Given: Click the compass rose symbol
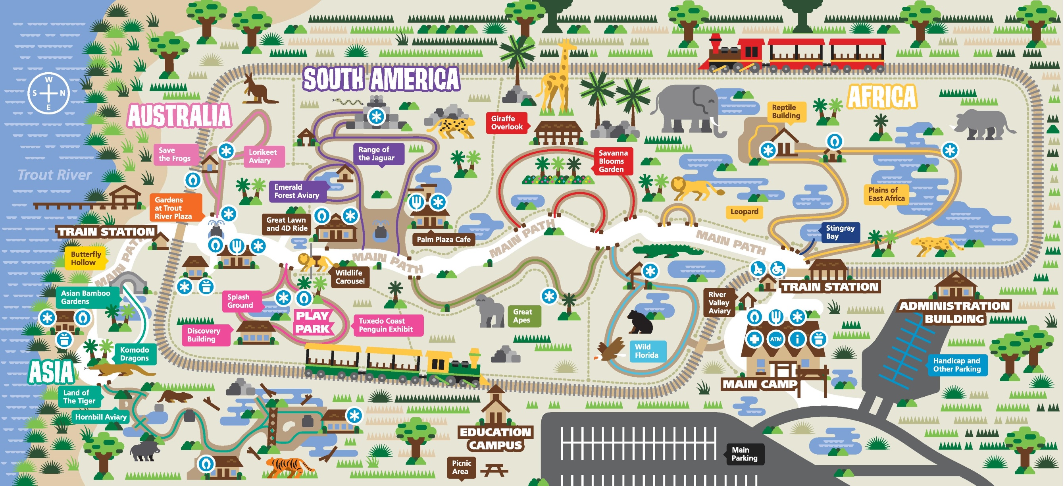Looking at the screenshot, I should [x=49, y=93].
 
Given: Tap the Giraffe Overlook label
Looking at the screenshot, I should [x=507, y=123].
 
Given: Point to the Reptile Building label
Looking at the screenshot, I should [x=786, y=112].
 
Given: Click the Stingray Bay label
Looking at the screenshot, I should [x=840, y=232].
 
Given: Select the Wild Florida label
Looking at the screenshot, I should [x=646, y=351].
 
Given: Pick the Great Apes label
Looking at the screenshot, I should [x=522, y=316].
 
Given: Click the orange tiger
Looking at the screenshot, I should [x=289, y=467].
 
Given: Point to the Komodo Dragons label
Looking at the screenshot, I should [x=134, y=354].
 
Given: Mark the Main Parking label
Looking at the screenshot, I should [x=744, y=454].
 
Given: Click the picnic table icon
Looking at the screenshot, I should [x=494, y=470].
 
